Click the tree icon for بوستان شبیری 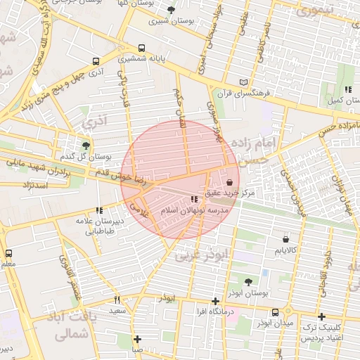[172, 10]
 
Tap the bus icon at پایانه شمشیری [142, 49]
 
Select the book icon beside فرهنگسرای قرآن [243, 82]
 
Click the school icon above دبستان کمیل [348, 90]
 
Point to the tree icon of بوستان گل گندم [86, 146]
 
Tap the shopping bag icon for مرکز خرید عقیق [230, 181]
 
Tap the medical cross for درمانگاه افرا [216, 301]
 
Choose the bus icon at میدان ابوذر [275, 312]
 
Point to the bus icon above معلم [8, 252]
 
